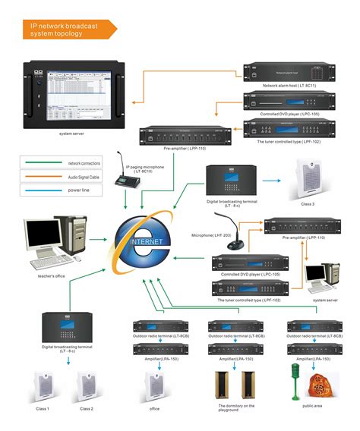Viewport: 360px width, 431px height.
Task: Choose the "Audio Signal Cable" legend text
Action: pyautogui.click(x=85, y=177)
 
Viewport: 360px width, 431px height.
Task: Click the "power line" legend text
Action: pyautogui.click(x=81, y=190)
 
